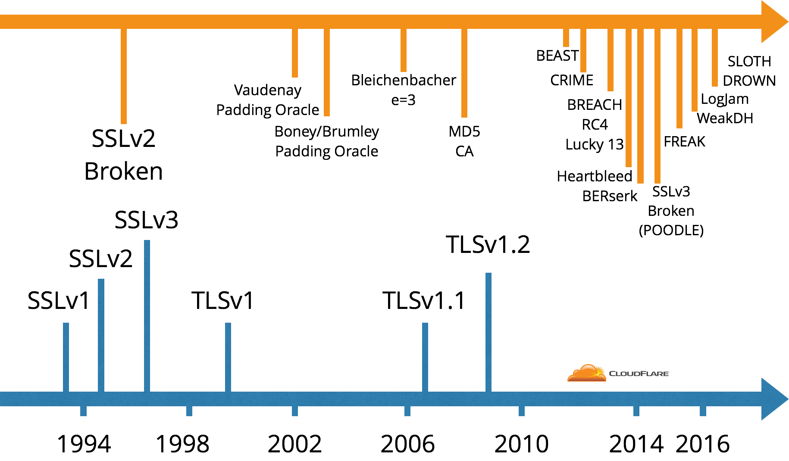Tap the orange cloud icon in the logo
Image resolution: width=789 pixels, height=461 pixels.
point(586,374)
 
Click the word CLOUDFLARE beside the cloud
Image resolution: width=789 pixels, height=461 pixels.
point(639,374)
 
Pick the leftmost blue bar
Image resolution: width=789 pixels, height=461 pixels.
point(66,357)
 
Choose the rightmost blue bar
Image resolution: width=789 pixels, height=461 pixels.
point(488,332)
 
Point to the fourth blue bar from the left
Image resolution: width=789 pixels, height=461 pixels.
point(228,357)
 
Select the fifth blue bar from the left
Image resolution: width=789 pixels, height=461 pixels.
point(425,357)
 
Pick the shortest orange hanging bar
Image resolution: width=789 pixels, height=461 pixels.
point(566,37)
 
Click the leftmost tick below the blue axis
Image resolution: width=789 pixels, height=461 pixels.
point(84,411)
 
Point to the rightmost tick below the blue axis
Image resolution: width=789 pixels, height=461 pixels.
point(703,411)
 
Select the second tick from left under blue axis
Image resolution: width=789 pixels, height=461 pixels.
point(189,411)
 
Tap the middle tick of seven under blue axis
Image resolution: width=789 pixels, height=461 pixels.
point(407,411)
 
